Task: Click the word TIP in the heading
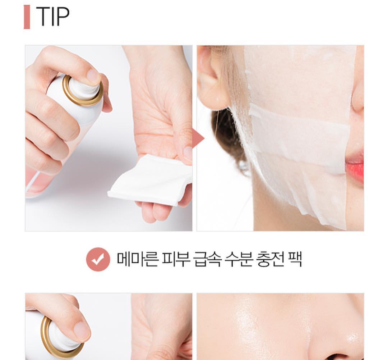click(x=53, y=16)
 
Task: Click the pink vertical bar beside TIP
click(x=27, y=17)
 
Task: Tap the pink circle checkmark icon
click(x=98, y=259)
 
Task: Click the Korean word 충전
click(x=271, y=259)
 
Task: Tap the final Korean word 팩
click(x=295, y=259)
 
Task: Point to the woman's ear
click(x=212, y=78)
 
